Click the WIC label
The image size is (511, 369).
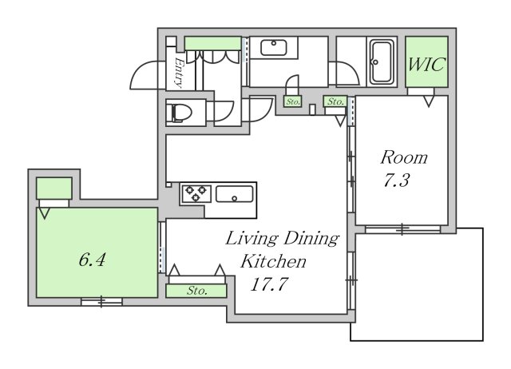(426, 64)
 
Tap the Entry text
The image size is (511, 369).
(179, 73)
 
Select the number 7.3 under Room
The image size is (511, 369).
(396, 181)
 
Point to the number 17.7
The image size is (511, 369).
(269, 284)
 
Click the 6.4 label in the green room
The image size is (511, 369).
(92, 260)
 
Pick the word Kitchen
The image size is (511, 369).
(273, 261)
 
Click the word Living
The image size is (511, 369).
(252, 239)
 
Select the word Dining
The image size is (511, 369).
(311, 239)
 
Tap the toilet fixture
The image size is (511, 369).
(179, 113)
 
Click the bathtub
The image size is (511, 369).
(382, 62)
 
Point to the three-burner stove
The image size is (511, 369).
(196, 193)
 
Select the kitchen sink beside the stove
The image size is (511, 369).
(234, 194)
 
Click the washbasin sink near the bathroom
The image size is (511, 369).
(274, 48)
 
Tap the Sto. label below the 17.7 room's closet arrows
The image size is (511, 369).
(197, 291)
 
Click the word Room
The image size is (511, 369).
(404, 157)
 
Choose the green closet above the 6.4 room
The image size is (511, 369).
(53, 188)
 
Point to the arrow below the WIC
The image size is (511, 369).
(429, 101)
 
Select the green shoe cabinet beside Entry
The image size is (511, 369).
(213, 44)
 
